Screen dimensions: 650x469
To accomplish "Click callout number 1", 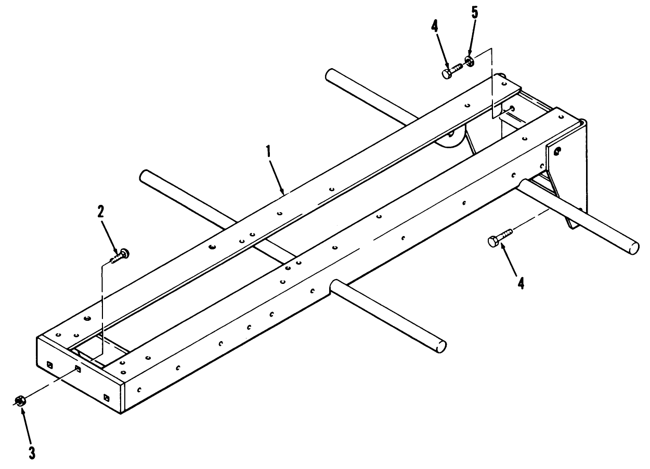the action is (x=268, y=151).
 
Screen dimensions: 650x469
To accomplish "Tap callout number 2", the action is (x=100, y=212).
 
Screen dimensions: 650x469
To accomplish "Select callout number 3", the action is (x=32, y=453).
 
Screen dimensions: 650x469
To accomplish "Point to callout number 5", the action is (x=474, y=12).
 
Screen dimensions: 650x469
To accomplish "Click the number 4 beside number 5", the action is (x=434, y=27).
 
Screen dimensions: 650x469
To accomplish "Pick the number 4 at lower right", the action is (x=521, y=283).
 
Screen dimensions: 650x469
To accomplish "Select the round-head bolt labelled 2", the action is (x=120, y=256).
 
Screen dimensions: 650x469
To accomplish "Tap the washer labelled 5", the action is (x=469, y=61).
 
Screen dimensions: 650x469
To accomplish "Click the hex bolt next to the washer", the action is (x=452, y=70).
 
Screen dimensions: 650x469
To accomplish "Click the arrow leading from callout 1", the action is (x=276, y=176).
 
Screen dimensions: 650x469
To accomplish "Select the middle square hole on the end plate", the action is (x=78, y=369).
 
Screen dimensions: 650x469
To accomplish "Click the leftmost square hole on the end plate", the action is (x=50, y=364).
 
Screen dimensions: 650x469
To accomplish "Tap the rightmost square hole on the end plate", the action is (x=107, y=397).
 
